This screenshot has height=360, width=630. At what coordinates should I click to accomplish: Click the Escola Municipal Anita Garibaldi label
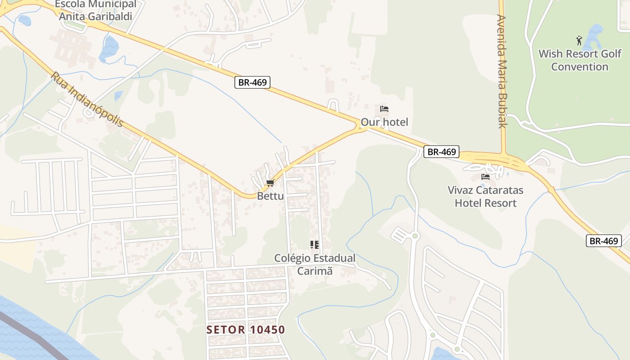(95, 10)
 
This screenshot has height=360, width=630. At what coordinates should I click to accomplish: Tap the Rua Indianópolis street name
(86, 99)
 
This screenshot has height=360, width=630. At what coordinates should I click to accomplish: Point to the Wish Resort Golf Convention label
(580, 60)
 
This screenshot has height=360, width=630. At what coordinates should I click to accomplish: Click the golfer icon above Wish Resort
(579, 40)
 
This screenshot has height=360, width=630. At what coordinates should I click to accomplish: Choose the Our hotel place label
(384, 122)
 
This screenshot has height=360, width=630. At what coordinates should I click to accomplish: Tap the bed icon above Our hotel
(384, 109)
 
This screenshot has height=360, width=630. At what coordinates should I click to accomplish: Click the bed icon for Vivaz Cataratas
(486, 177)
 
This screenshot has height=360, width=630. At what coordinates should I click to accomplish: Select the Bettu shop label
(270, 196)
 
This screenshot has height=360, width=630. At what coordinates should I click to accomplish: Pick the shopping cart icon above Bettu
(270, 183)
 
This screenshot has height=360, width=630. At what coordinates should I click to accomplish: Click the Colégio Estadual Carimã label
(315, 265)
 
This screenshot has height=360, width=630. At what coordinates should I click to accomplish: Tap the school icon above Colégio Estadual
(315, 245)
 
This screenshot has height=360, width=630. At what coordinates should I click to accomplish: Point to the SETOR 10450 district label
(246, 330)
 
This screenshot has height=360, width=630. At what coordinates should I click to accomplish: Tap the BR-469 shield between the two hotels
(441, 152)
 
